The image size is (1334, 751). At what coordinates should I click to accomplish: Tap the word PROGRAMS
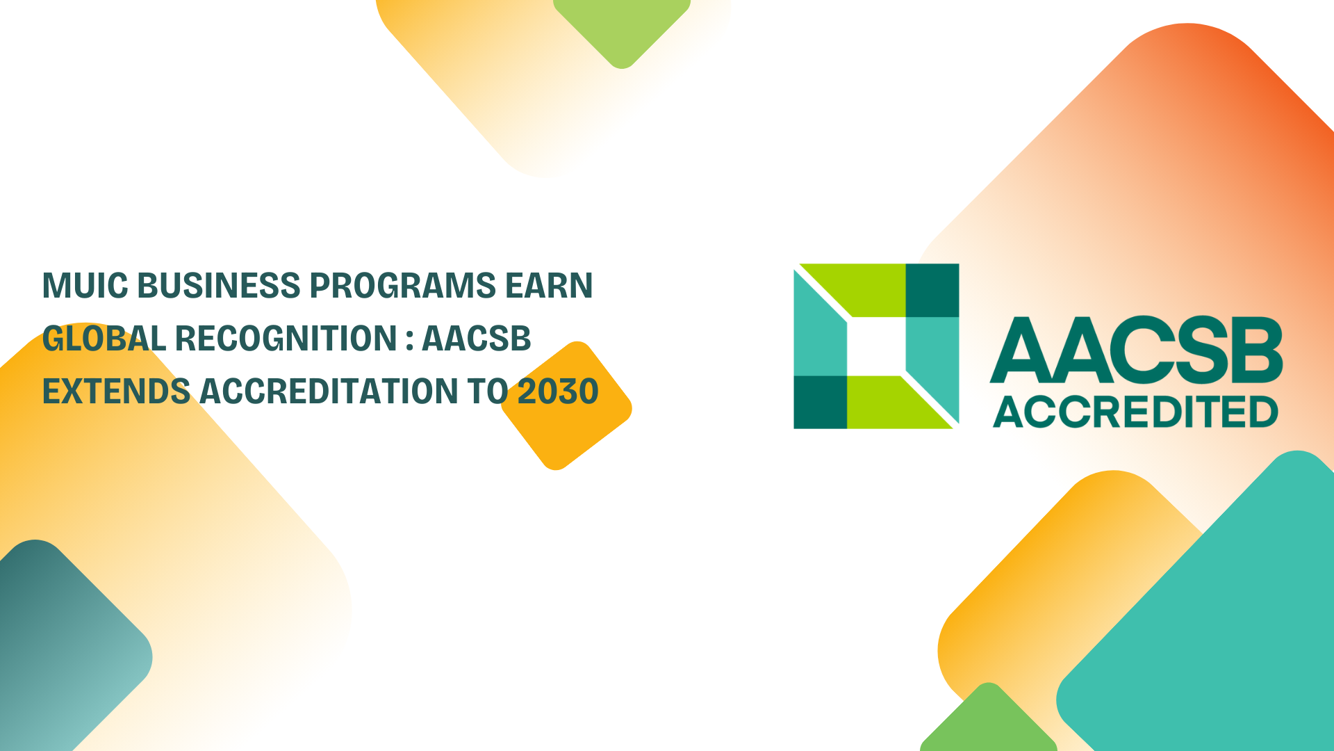pos(402,286)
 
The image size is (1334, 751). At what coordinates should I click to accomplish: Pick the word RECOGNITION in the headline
pos(286,339)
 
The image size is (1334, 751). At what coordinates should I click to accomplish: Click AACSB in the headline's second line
pos(477,339)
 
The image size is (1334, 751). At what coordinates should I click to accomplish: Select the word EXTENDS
pos(116,391)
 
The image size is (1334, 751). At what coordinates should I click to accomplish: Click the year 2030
pos(558,391)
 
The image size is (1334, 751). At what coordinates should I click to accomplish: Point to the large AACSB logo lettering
pos(1137,350)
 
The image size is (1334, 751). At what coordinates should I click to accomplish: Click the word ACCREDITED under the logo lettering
pos(1136,412)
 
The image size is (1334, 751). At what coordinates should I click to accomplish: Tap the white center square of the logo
pos(876,346)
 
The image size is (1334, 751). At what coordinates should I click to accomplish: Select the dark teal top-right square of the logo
pos(932,290)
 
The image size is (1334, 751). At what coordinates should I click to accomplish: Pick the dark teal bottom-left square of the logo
pos(821,402)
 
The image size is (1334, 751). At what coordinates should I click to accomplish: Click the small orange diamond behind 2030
pos(566,406)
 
